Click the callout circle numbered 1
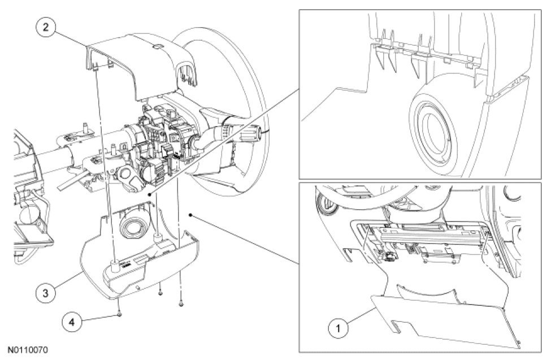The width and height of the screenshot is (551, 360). [339, 328]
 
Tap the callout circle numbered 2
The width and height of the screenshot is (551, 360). [46, 27]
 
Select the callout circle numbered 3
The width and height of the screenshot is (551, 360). [46, 293]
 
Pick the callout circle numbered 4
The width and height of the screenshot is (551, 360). [72, 322]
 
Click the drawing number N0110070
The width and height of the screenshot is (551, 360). [28, 350]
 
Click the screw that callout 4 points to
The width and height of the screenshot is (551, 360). [120, 314]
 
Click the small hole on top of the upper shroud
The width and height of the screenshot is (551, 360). [158, 46]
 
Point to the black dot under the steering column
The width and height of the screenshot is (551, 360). [150, 194]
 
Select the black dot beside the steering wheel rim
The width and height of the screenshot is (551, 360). [190, 215]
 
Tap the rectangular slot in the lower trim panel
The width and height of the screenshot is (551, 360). [396, 327]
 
